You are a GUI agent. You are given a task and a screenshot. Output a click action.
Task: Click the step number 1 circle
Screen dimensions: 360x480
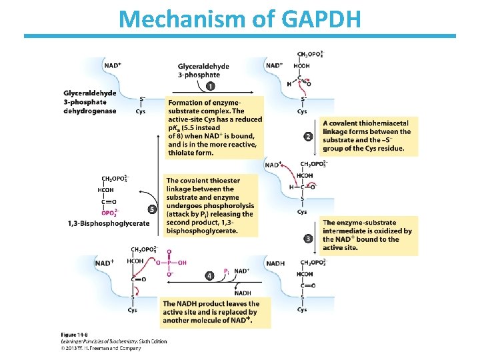(x=211, y=86)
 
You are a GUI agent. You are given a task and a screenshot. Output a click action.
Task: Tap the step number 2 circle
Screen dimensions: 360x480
(x=308, y=137)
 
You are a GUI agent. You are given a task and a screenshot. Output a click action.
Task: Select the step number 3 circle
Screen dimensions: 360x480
(x=308, y=238)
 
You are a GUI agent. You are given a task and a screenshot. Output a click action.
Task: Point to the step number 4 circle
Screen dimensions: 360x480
(x=209, y=275)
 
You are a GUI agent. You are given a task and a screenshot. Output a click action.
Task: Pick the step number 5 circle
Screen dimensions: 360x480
(x=152, y=209)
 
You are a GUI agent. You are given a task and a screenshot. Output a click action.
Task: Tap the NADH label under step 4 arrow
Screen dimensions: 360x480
(x=243, y=293)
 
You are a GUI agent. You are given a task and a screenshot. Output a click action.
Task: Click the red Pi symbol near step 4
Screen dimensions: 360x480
(x=227, y=271)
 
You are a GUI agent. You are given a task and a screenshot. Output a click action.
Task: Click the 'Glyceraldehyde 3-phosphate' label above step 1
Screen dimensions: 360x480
(x=203, y=71)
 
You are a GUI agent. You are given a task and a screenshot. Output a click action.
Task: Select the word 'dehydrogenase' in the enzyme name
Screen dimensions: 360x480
(x=89, y=111)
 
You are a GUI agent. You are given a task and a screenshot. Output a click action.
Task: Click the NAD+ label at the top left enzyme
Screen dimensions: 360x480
(x=113, y=65)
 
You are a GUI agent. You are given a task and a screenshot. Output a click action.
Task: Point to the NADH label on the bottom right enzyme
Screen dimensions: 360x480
(x=275, y=263)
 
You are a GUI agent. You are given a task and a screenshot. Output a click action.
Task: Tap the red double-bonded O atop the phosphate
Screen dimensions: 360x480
(x=169, y=252)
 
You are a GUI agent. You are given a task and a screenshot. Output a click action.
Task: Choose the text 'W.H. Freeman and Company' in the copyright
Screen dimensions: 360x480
(x=111, y=348)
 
